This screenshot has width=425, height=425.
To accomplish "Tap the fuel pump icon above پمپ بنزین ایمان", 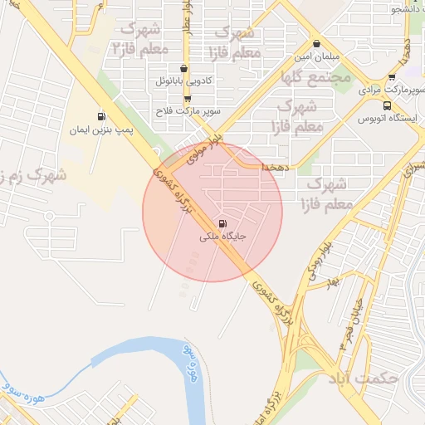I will (101, 117).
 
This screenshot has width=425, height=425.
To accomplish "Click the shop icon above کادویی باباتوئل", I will (183, 69).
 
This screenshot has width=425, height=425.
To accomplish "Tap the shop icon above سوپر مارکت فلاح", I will (188, 98).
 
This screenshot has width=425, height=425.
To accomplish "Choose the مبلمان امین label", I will (316, 59).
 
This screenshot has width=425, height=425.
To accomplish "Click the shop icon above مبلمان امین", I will (316, 45).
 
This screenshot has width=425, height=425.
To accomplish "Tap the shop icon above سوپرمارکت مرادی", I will (392, 76).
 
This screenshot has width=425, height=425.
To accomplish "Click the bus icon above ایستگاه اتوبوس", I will (387, 105).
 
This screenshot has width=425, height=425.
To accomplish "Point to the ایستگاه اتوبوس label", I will (387, 119).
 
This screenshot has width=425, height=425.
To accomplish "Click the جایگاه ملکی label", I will (222, 237).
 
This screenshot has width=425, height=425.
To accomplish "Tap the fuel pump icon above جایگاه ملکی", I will (222, 223).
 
